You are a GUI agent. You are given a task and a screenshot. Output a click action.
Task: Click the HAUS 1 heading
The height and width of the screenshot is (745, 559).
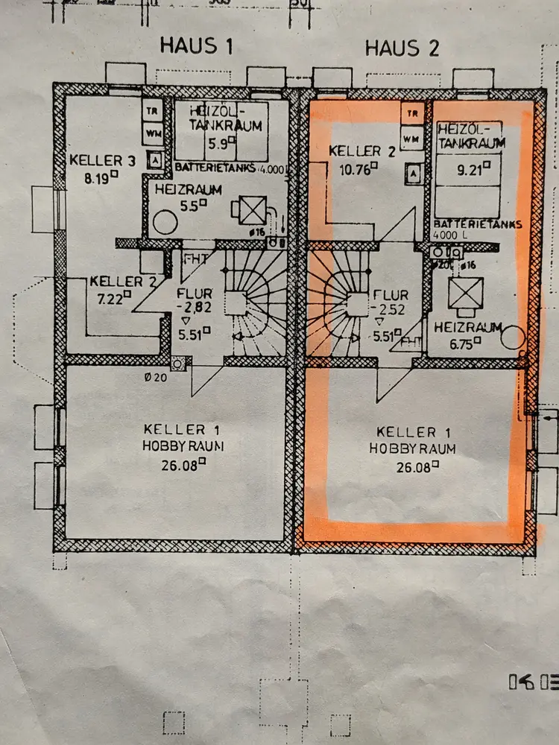point(197,46)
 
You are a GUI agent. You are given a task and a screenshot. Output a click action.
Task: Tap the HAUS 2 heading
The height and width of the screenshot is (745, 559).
point(402,48)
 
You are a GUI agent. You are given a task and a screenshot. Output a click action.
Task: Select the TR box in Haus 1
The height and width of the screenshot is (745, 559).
point(154,111)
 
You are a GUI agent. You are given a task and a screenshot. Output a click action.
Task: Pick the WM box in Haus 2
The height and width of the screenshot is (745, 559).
point(410,138)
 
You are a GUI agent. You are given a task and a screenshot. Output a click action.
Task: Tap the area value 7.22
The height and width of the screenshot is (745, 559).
point(109,297)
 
